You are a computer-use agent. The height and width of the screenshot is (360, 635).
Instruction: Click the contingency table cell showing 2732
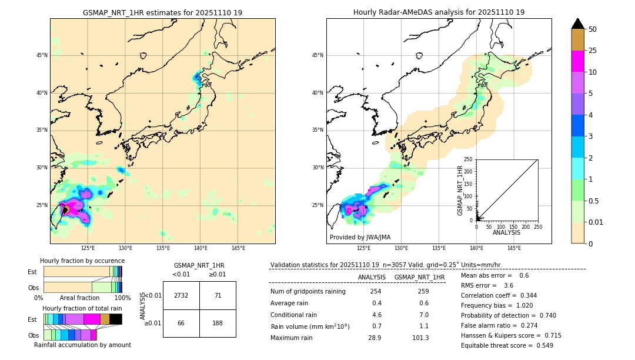[x=181, y=295]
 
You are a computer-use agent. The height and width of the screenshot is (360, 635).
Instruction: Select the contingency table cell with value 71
[x=218, y=295]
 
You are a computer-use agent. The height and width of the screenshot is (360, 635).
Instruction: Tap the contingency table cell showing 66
[x=181, y=324]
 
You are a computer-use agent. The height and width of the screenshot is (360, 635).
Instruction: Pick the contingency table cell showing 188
[x=218, y=324]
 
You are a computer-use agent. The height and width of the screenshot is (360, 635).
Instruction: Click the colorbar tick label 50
[x=593, y=29]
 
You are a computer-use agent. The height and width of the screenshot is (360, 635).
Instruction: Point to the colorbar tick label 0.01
[x=596, y=222]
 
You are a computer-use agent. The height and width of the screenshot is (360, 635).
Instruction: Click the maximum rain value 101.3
[x=420, y=338]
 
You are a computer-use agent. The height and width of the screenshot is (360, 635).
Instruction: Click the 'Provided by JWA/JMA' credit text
[x=360, y=238]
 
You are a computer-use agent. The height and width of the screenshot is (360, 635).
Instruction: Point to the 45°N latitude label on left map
[x=42, y=55]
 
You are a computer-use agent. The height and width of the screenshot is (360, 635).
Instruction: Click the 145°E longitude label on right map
[x=514, y=248]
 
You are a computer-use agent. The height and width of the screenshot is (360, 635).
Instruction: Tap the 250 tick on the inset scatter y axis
[x=469, y=159]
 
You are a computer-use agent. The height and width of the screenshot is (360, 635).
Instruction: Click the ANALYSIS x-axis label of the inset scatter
[x=506, y=233]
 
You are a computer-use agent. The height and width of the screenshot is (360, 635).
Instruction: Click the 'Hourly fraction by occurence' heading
[x=82, y=261]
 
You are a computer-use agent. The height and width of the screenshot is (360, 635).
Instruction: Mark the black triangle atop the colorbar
[x=578, y=24]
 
